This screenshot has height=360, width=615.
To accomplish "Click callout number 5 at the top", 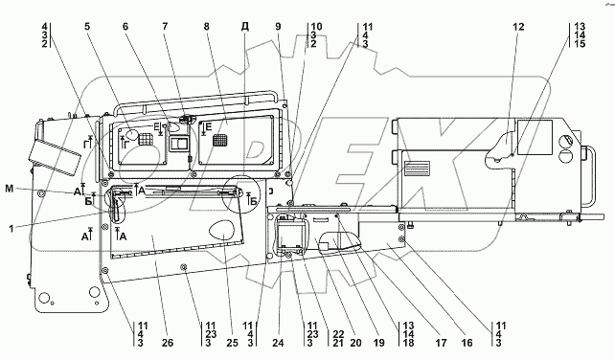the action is point(87,27).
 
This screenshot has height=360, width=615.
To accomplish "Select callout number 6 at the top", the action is point(125,27).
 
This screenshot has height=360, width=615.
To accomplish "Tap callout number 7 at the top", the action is point(165,27).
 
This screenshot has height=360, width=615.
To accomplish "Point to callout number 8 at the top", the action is point(206,27).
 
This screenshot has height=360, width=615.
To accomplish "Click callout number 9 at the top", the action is point(278,27).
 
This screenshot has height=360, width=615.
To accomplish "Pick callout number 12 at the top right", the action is point(518,27).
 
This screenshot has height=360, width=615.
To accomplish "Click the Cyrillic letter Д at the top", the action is point(245,27).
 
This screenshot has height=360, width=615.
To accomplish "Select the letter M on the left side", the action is point(10,189).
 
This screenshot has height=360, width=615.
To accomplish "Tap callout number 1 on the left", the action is point(11,228).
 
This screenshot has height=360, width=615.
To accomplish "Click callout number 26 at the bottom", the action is point(167,343).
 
